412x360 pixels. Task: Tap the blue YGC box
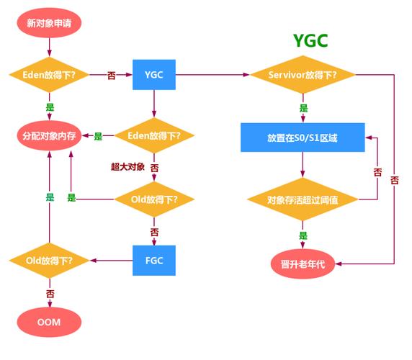154,75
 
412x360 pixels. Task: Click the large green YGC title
310,41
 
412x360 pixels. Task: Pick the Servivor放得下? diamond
303,75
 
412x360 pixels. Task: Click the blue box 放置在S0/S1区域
303,137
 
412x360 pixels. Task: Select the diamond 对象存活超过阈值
303,199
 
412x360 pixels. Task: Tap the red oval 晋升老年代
303,264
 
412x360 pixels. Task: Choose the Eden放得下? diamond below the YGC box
154,135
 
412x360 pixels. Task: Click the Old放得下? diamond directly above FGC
154,199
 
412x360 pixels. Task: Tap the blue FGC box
154,260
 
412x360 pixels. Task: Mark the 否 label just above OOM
50,294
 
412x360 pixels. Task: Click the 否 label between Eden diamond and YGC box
112,75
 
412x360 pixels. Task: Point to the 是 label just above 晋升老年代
303,235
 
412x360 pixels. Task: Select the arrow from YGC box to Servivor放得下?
212,75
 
